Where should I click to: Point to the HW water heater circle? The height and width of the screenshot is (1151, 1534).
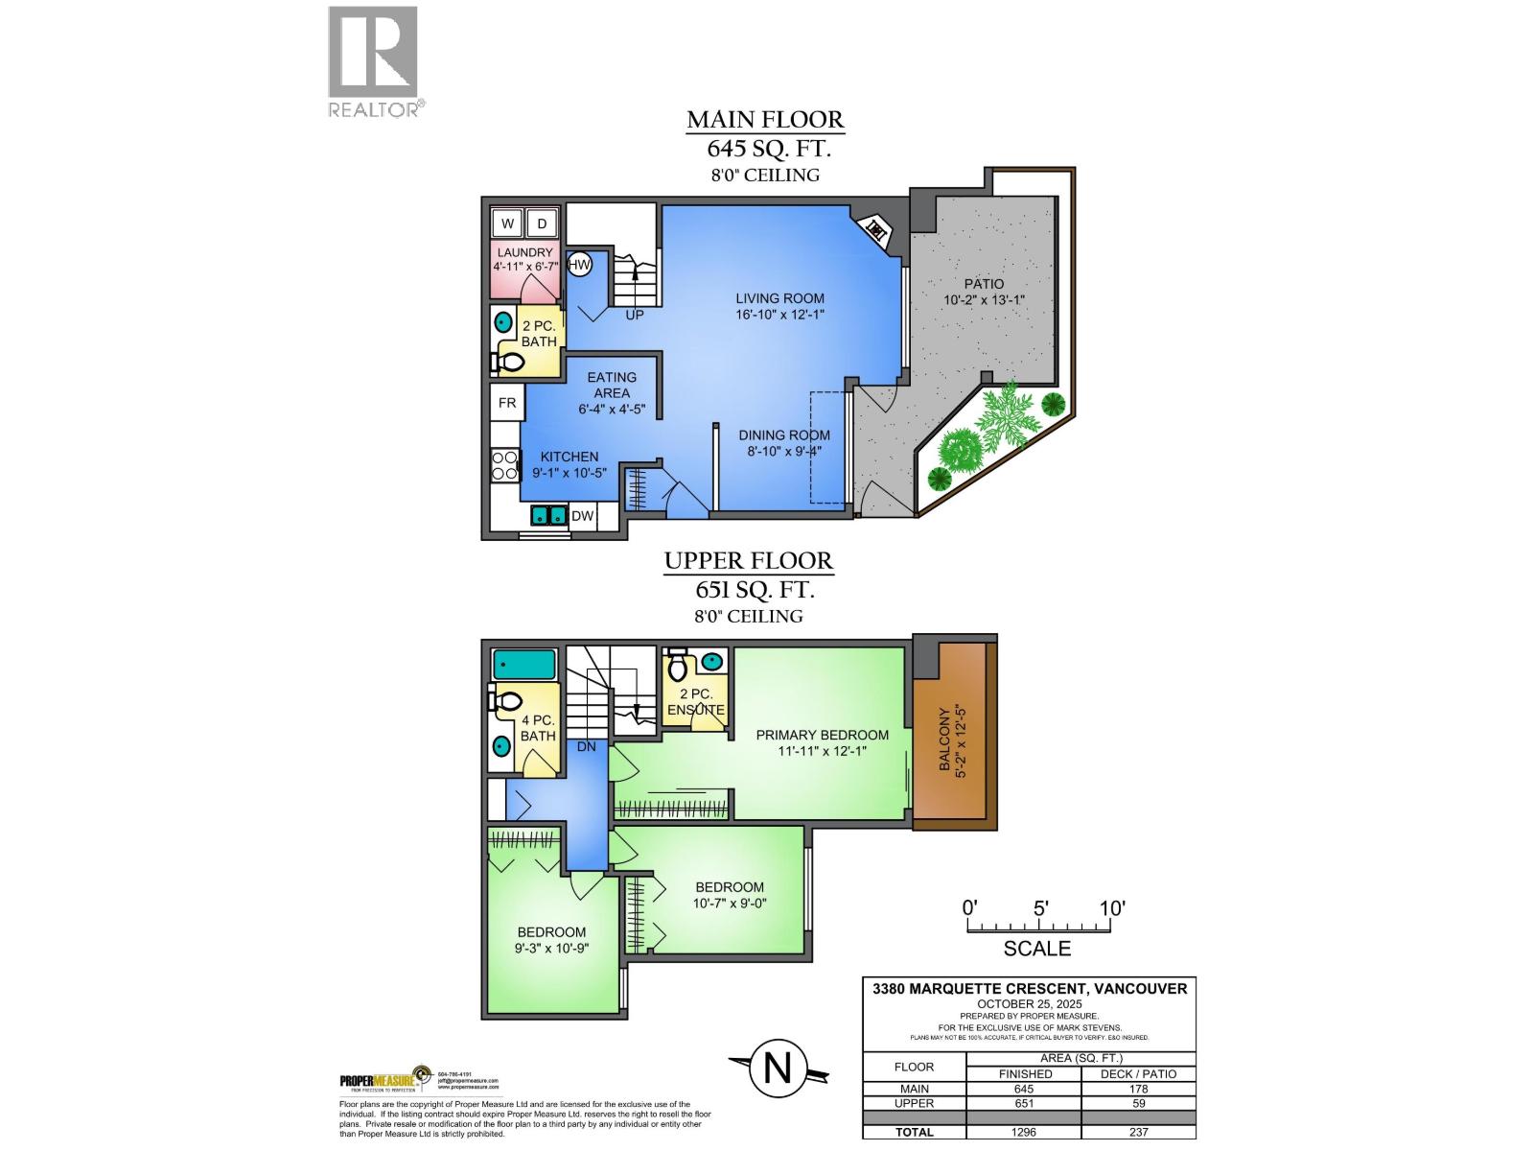579,265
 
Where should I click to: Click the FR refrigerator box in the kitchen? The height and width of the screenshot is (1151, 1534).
506,403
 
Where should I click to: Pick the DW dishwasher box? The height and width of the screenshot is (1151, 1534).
582,516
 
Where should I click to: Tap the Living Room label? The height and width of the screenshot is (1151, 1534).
779,298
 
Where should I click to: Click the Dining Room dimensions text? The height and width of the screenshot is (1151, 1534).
783,451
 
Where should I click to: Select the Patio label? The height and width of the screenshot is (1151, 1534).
984,284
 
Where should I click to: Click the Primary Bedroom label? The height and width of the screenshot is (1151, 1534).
822,736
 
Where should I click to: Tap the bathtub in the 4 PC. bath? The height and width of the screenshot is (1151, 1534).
524,665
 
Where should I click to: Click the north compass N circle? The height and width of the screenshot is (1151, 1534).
777,1069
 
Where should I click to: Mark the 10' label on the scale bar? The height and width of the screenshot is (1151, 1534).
1111,907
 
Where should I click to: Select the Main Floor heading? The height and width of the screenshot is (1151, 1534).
765,120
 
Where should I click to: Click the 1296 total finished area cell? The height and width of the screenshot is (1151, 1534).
1024,1132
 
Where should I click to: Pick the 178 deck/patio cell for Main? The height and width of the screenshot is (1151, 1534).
1138,1089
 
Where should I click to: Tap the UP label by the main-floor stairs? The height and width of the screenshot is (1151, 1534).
634,315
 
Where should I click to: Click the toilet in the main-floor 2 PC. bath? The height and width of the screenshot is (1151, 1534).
508,362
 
